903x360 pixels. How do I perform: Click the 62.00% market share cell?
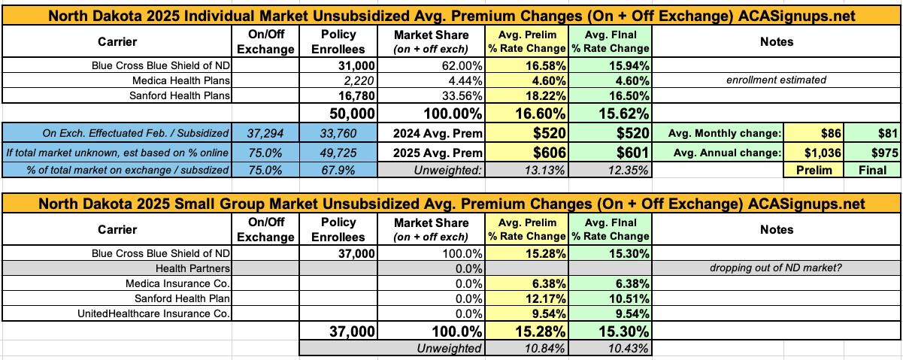click(450, 65)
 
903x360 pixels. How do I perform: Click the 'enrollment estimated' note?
click(776, 80)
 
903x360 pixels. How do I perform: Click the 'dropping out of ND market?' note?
click(776, 268)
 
